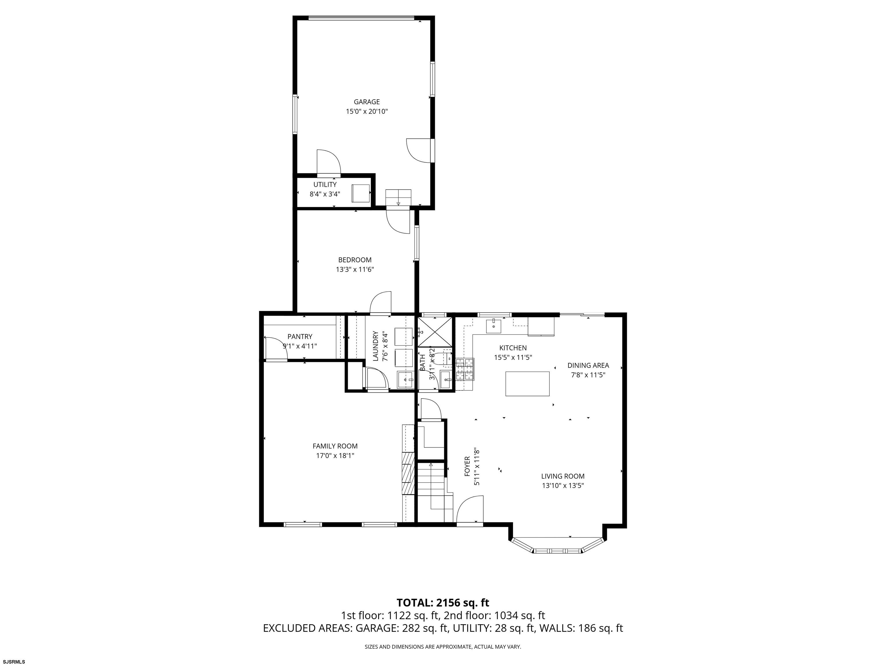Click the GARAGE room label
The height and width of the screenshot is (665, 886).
[x=367, y=102]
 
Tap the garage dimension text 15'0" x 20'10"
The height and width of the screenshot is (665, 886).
[x=367, y=111]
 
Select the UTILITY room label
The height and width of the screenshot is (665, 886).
[x=325, y=185]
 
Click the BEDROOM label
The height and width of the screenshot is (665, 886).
[x=355, y=260]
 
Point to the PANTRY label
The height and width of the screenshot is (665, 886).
[x=300, y=337]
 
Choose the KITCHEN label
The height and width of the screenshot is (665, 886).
[x=513, y=348]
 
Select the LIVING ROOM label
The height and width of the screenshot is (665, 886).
[x=563, y=476]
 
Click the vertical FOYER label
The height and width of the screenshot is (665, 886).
[x=467, y=467]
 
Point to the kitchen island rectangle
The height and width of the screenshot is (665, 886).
[x=528, y=384]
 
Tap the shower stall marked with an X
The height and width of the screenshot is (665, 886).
[x=436, y=332]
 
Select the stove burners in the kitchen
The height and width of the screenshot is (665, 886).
[x=465, y=369]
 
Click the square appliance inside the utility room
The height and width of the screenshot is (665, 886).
[x=361, y=193]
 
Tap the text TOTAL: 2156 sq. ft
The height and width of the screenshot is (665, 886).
[x=443, y=602]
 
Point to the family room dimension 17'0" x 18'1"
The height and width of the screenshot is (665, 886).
[x=335, y=455]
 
